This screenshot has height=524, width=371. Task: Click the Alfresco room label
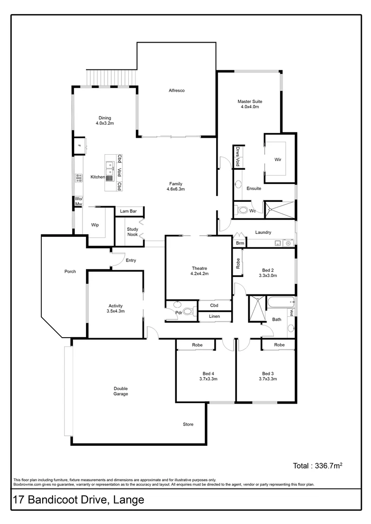(176, 91)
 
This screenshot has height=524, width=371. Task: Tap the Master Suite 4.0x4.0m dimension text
(250, 107)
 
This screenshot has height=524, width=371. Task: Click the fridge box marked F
(78, 145)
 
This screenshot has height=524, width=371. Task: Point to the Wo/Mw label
(78, 201)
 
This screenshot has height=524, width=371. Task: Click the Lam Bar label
(129, 212)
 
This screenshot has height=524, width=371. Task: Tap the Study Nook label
(133, 232)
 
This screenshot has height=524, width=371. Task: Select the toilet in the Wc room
(242, 210)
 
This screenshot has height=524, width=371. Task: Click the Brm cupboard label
(240, 243)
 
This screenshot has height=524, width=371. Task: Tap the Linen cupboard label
(214, 316)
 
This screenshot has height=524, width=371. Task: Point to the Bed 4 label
(208, 374)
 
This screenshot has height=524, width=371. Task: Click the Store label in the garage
(188, 425)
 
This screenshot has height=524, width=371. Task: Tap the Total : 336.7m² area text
(318, 466)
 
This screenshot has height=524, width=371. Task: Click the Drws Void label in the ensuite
(238, 156)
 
